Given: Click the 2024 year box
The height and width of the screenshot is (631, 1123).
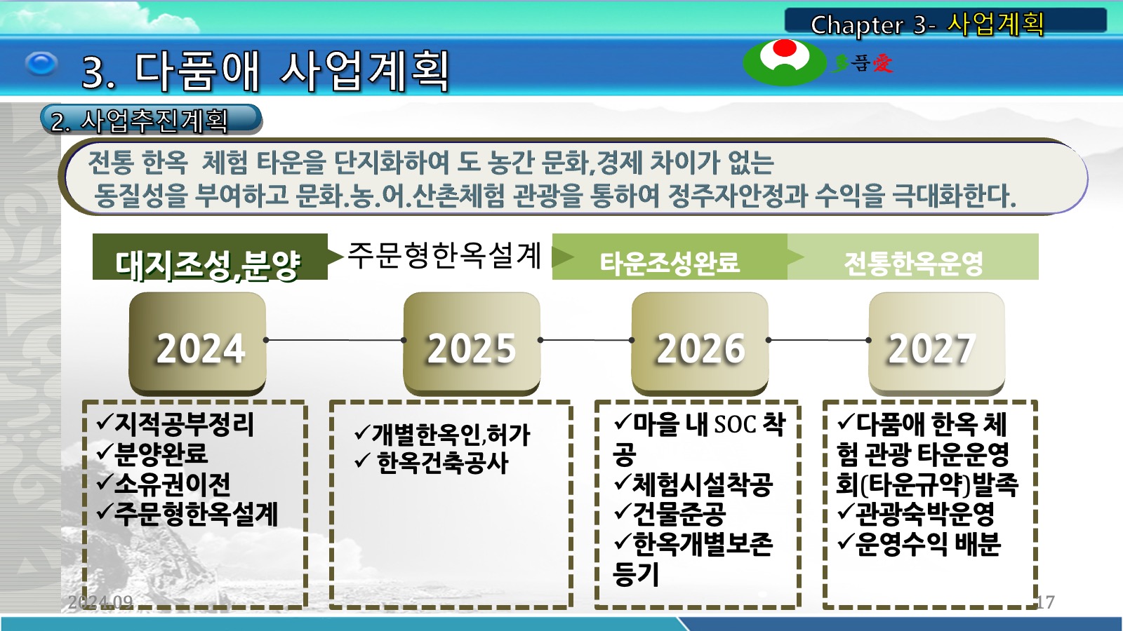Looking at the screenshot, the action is pos(197,344).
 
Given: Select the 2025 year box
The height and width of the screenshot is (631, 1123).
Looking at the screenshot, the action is pos(472,344).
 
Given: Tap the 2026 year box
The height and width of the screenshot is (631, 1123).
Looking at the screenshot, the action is pos(700,344).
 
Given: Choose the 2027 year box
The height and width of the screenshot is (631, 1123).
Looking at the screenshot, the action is pos(936,344).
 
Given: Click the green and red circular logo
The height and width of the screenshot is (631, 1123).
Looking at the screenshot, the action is pos(785,62).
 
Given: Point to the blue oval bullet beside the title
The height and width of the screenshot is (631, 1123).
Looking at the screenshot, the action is pos(41,64).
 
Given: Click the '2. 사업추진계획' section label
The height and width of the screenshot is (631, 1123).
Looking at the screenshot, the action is pos(151,120).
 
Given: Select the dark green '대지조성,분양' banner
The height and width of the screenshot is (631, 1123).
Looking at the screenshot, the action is pos(210,257).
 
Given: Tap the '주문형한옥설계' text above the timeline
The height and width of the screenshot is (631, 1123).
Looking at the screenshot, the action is pos(444,255).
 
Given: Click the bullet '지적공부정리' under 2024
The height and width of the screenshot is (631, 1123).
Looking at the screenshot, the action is pos(185,425).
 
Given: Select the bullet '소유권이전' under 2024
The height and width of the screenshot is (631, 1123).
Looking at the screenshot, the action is pos(173,483).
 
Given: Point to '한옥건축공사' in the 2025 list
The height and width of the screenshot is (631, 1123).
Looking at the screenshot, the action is pos(443,462).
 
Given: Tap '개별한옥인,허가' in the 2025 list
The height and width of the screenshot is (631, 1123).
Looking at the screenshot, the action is pos(451,434).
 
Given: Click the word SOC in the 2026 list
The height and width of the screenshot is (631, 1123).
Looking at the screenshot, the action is pos(735,425).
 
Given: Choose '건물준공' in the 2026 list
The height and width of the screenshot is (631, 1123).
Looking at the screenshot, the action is pos(679,513).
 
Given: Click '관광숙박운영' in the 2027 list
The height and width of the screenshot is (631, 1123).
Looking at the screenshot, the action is pos(925,513).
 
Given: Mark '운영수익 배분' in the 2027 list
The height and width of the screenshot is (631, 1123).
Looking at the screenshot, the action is pos(928,544).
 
